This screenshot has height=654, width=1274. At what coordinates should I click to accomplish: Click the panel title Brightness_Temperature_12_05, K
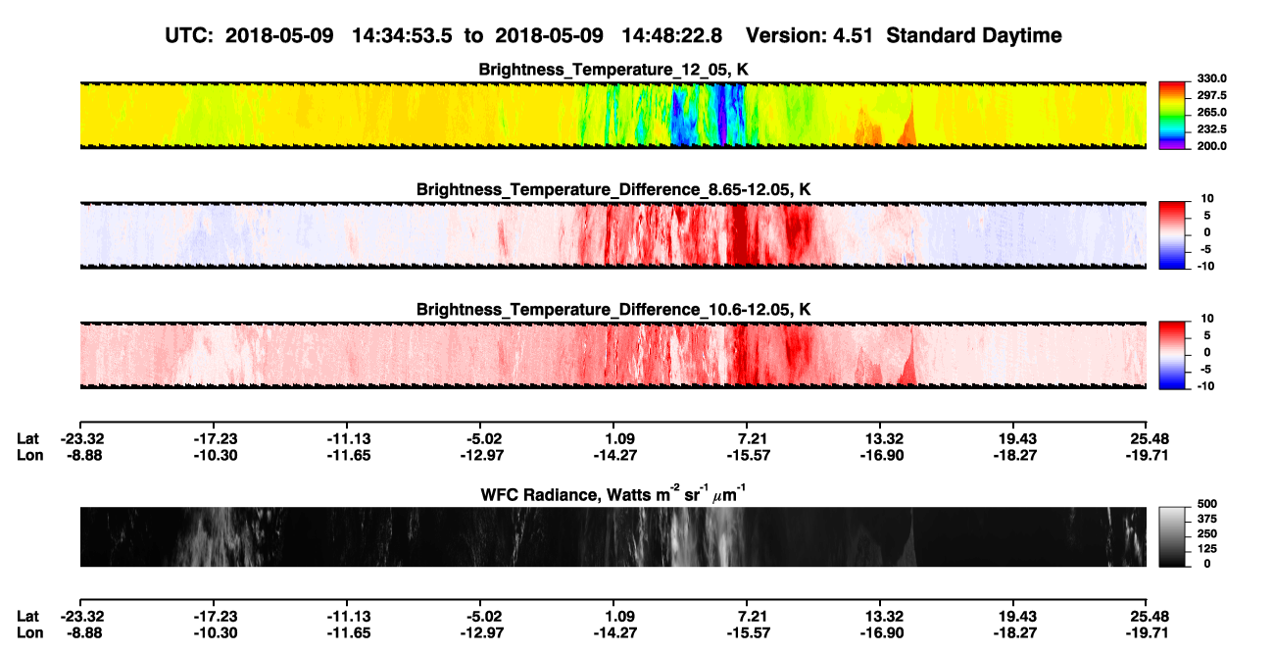(613, 70)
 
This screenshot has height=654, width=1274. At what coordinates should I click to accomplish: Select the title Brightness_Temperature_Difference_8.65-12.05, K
(613, 189)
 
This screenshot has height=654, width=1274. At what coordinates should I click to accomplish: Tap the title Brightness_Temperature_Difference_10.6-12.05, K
(613, 310)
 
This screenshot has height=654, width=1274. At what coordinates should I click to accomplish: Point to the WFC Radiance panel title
(613, 493)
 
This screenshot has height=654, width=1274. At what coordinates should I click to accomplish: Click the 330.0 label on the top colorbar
(1211, 78)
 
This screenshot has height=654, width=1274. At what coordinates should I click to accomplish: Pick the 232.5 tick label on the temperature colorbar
(1211, 129)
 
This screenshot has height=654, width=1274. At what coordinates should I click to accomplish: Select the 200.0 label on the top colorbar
(1211, 146)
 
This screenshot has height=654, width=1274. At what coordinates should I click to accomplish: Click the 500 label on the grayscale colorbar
(1206, 504)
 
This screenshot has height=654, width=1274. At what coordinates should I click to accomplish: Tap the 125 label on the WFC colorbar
(1206, 549)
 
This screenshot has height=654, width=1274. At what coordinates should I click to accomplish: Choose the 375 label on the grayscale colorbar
(1206, 519)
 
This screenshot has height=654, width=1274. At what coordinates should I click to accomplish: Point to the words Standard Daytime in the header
(974, 35)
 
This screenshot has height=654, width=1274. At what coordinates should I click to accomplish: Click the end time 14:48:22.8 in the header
(671, 35)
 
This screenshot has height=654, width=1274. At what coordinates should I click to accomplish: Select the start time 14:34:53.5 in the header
(402, 35)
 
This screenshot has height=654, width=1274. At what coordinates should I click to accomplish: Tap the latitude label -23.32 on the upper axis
(82, 439)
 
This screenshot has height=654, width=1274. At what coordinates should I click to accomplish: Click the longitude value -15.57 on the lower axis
(749, 633)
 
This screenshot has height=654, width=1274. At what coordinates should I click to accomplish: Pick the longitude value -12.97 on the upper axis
(482, 455)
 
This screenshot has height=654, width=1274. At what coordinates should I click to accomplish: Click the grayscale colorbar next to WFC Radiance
(1172, 536)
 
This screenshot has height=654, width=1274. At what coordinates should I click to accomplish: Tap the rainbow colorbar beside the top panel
(1172, 116)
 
